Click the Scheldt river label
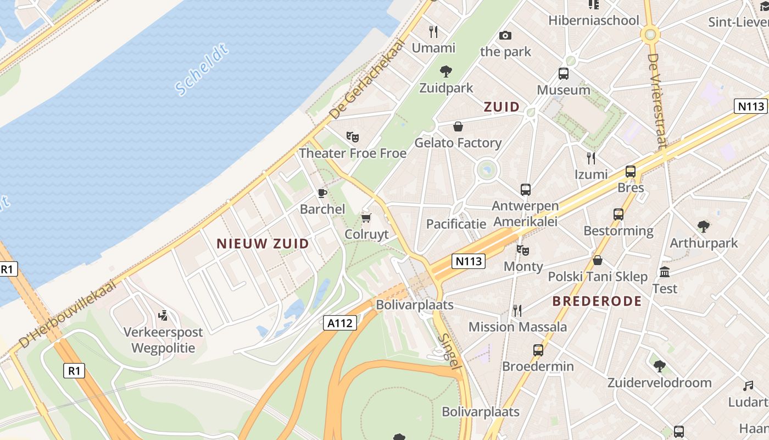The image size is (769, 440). (x=201, y=70)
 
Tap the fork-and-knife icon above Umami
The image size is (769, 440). (x=433, y=31)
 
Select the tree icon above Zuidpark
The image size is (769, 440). (x=445, y=70)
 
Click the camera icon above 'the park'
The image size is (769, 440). (x=505, y=35)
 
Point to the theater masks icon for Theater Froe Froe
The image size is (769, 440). (x=352, y=136)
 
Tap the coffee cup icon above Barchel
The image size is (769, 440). (x=322, y=193)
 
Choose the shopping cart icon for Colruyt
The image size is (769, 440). (x=366, y=218)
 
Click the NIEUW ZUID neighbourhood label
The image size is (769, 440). (x=263, y=244)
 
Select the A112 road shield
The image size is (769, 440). (x=339, y=323)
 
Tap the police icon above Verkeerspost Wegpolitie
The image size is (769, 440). (x=163, y=315)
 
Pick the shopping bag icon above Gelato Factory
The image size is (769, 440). (x=458, y=127)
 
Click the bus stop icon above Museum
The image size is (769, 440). (x=563, y=73)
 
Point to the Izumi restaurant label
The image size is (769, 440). (x=591, y=174)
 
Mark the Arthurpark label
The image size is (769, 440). (x=704, y=243)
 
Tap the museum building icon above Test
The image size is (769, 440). (x=665, y=272)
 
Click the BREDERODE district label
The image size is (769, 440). (x=597, y=301)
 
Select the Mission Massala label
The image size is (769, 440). (x=517, y=327)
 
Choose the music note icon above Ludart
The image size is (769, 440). (x=748, y=386)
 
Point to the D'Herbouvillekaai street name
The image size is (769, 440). (x=68, y=313)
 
